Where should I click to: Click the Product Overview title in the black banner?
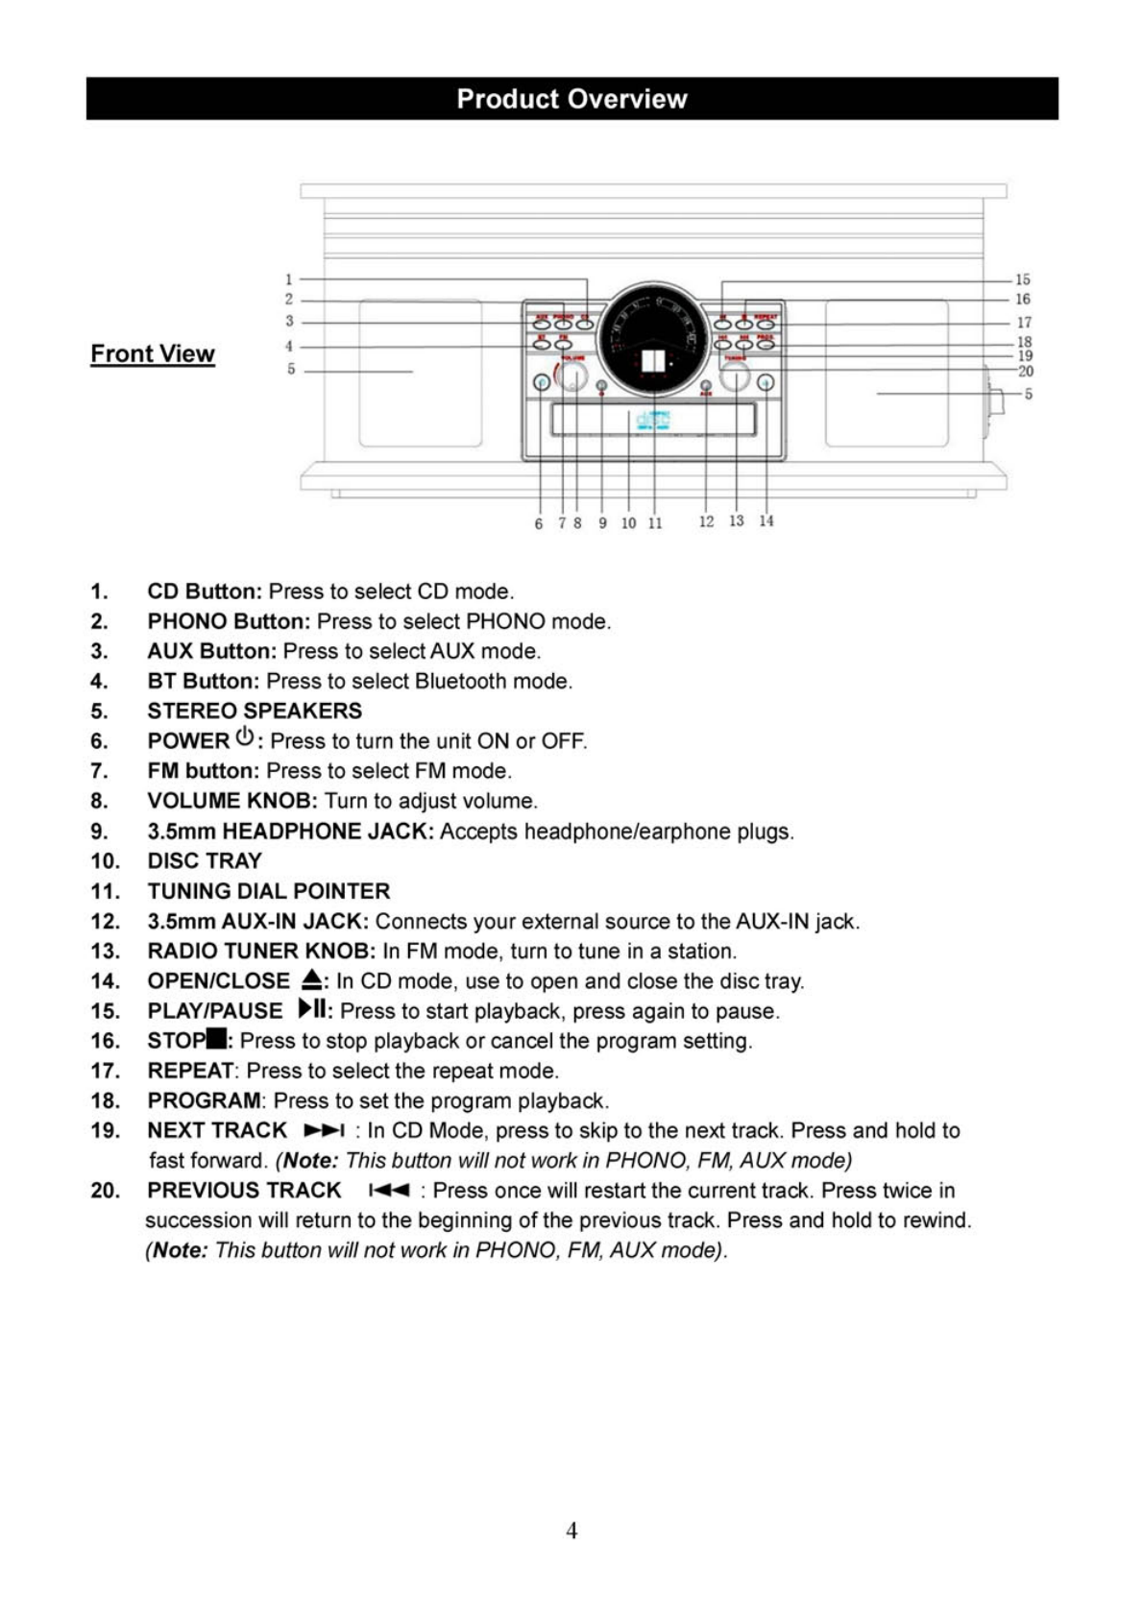click(571, 99)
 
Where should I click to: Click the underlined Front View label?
click(153, 354)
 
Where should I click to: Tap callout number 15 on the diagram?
click(1022, 279)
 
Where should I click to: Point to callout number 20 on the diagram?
click(1025, 371)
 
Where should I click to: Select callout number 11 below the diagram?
click(655, 523)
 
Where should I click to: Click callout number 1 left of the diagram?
click(288, 279)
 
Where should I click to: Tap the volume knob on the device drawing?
click(572, 375)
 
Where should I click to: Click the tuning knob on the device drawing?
click(735, 375)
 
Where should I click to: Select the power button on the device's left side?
click(542, 383)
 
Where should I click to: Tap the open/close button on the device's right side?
click(766, 383)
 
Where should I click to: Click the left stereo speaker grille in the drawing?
click(421, 373)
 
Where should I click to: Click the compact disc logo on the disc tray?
click(653, 421)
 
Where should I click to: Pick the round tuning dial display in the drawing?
click(653, 339)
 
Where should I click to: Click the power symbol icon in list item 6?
click(245, 737)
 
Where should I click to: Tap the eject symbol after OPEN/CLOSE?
click(312, 980)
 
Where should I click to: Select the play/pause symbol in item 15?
click(312, 1009)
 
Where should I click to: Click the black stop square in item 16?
click(216, 1039)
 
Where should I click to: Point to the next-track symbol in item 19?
click(324, 1131)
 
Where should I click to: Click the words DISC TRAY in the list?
click(205, 861)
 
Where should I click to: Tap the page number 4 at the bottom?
click(571, 1531)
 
